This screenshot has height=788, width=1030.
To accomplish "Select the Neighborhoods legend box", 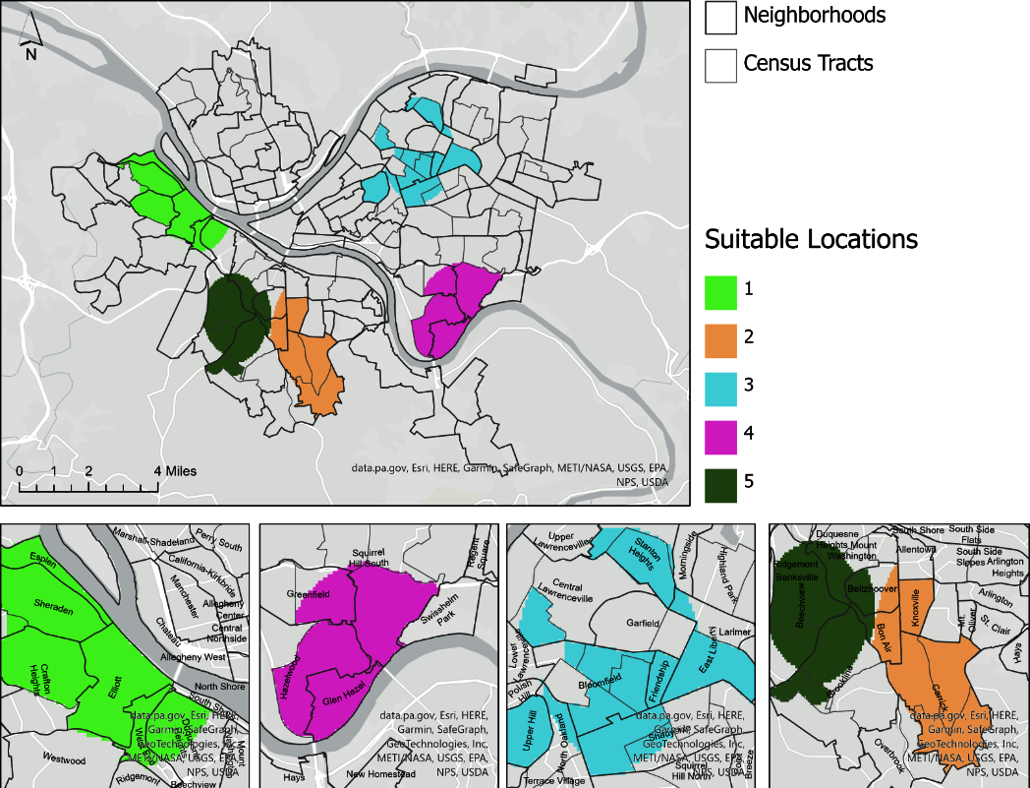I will click(x=721, y=17).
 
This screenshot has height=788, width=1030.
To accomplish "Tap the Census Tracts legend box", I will click(x=721, y=65).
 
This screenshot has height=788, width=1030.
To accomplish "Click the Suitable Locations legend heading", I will click(x=811, y=239).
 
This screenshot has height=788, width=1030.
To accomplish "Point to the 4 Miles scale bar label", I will click(x=175, y=471).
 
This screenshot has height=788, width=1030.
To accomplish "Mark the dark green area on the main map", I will click(x=237, y=317).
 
